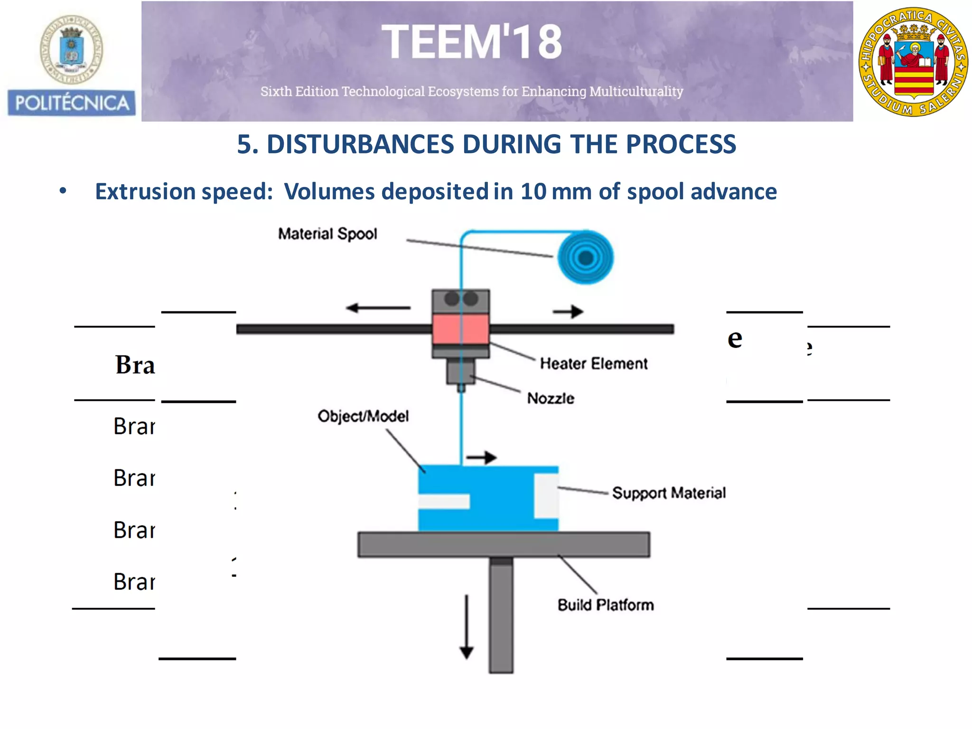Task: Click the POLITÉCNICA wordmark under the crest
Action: click(x=72, y=103)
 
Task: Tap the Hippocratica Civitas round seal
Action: click(x=913, y=62)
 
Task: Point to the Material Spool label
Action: click(x=327, y=234)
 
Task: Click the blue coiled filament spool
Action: click(x=585, y=258)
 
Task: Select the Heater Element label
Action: click(x=593, y=364)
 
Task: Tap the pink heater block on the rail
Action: click(x=460, y=328)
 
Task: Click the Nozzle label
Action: click(x=551, y=398)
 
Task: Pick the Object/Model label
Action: click(x=363, y=416)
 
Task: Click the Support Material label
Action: click(x=668, y=493)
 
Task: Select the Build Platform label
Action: click(x=606, y=605)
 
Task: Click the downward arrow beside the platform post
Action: click(x=467, y=626)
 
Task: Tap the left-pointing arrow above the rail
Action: click(x=378, y=308)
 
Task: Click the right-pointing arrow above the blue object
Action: click(x=481, y=458)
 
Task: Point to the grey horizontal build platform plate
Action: click(x=503, y=544)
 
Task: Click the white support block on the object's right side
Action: click(x=546, y=495)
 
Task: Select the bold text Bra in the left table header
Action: click(x=135, y=365)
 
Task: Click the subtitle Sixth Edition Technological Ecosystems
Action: click(x=471, y=91)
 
